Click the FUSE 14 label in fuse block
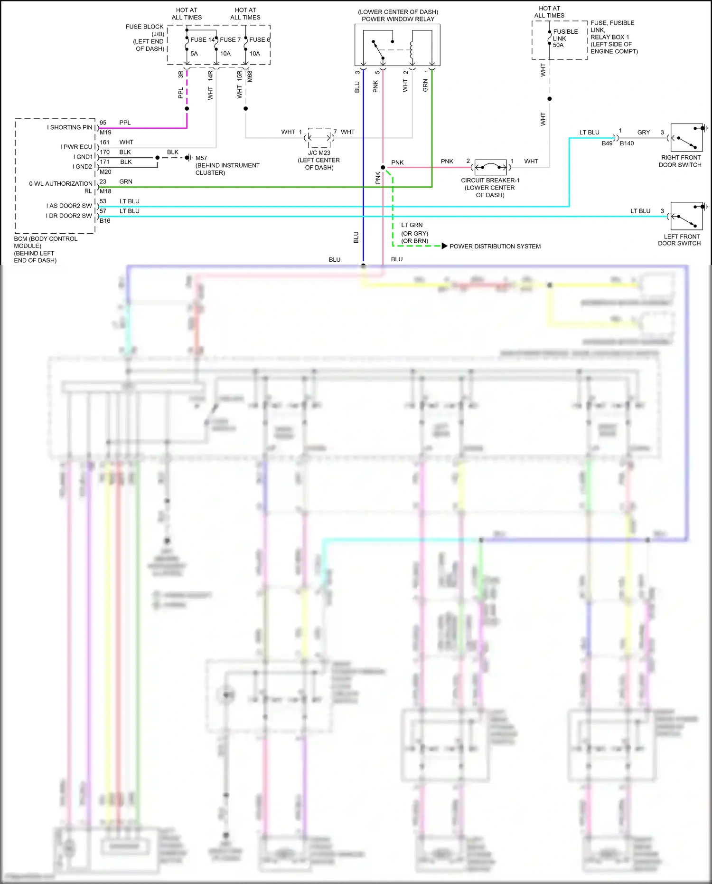pos(202,40)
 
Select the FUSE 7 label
pos(230,40)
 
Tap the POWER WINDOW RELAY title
pos(398,19)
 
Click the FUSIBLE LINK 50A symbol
pos(550,38)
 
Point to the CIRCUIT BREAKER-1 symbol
pos(490,167)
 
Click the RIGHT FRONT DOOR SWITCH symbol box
pos(686,138)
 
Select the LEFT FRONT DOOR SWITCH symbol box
pos(686,217)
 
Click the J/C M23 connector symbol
pos(319,138)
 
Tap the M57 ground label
pos(201,158)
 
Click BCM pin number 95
pos(103,123)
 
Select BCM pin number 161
pos(104,142)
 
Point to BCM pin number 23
pos(103,181)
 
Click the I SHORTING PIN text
pos(69,127)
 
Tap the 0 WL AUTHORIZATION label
pos(61,183)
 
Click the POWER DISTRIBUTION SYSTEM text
pos(495,246)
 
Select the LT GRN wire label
pos(412,225)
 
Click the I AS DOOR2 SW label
pos(69,206)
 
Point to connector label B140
pos(627,143)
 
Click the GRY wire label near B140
pos(643,133)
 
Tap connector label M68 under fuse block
pos(250,76)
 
